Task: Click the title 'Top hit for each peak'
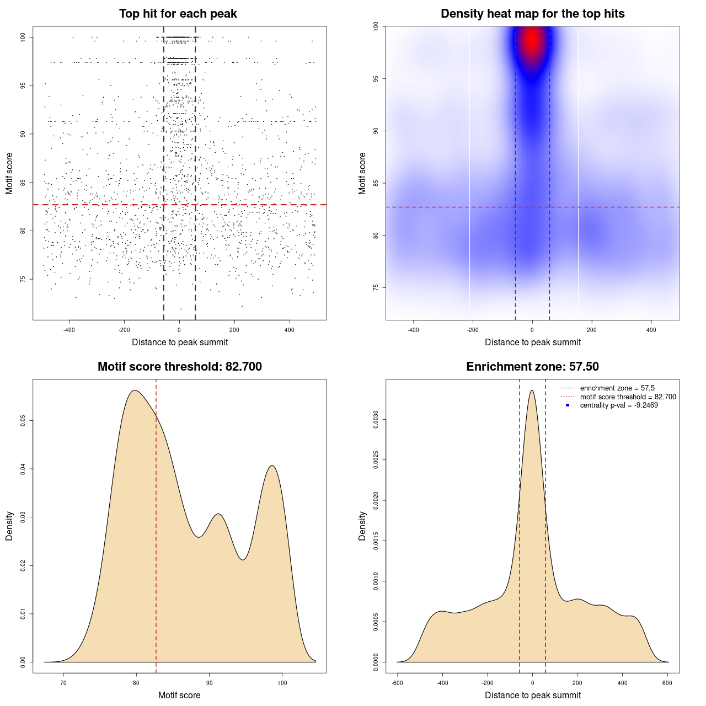tap(178, 14)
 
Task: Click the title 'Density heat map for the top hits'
tap(532, 14)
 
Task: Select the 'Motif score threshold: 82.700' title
tap(179, 367)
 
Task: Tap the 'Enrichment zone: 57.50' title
tap(532, 367)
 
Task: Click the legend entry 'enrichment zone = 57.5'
tap(617, 388)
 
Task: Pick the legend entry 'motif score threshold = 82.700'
tap(628, 397)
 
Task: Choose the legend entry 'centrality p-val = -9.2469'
tap(619, 405)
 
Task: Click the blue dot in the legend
tap(568, 405)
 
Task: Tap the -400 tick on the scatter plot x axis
tap(69, 330)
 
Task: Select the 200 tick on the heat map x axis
tap(592, 330)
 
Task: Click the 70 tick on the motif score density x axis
tap(63, 683)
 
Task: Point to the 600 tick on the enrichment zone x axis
tap(667, 683)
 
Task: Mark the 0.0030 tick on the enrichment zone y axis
tap(376, 420)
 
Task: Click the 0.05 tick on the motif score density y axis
tap(23, 421)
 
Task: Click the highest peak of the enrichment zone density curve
tap(532, 391)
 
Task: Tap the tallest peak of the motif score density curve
tap(135, 391)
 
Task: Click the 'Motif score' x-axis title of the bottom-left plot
tap(179, 695)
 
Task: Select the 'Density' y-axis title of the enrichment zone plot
tap(362, 526)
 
